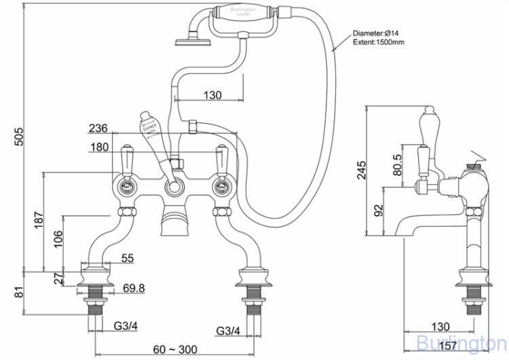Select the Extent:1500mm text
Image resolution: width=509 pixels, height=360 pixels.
(x=379, y=42)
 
